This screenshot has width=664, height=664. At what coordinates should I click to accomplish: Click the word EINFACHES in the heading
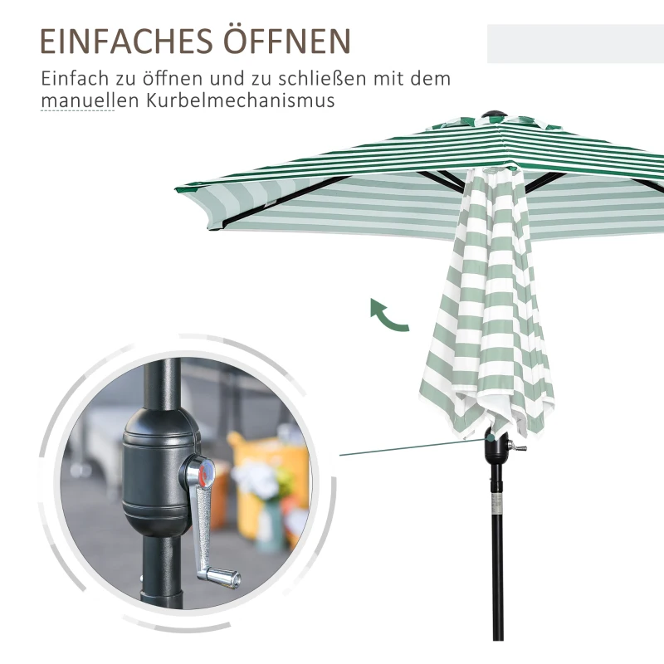click(126, 41)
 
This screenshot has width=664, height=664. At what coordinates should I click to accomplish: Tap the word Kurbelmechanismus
click(241, 100)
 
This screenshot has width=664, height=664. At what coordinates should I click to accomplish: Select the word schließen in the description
click(323, 78)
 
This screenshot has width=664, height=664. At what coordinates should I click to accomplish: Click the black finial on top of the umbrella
click(494, 115)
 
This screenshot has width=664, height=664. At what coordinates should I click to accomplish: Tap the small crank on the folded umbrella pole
click(517, 446)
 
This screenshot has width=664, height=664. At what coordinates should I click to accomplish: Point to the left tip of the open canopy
click(176, 189)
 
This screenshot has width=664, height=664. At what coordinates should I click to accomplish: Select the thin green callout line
click(413, 447)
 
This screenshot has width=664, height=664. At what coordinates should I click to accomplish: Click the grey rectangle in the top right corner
click(575, 44)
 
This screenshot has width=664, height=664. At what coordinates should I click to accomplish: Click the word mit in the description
click(386, 78)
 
